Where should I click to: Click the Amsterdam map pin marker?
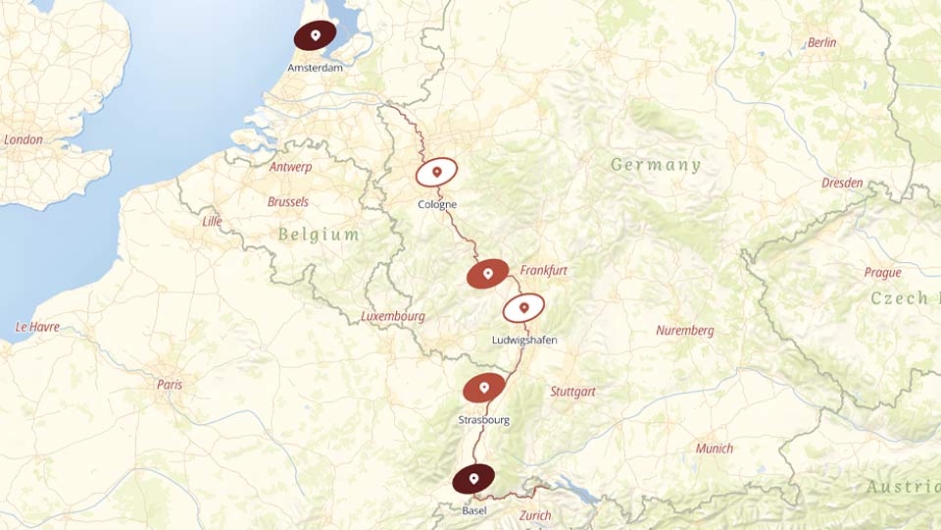tap(315, 35)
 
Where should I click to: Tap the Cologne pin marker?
tap(436, 173)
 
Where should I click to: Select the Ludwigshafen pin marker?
tap(523, 309)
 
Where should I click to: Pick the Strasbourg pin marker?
tap(484, 388)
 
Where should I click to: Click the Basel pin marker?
tap(473, 479)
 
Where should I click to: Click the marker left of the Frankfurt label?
tap(487, 274)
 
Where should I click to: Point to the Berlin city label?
tap(821, 43)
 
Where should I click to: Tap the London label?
tap(24, 139)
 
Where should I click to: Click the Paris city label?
tap(170, 385)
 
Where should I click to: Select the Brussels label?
tap(287, 201)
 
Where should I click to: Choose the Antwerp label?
tap(290, 167)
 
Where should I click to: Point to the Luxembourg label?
tap(392, 317)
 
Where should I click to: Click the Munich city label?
tap(714, 449)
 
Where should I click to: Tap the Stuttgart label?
tap(572, 392)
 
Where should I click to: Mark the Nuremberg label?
tap(685, 331)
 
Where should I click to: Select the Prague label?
tap(882, 273)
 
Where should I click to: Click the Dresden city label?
tap(842, 184)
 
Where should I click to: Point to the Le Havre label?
tap(37, 327)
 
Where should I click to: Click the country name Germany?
tap(656, 165)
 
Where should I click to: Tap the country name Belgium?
tap(319, 235)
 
